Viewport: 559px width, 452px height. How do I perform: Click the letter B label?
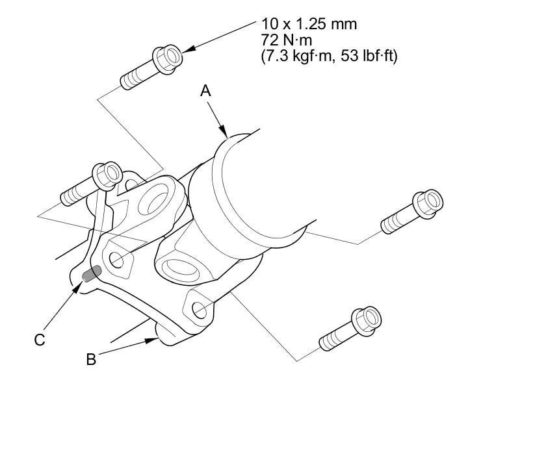click(91, 359)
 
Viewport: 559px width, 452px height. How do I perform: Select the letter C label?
click(40, 340)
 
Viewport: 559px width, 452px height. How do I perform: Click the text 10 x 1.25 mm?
click(309, 25)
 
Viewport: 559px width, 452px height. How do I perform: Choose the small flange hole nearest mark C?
click(116, 259)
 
